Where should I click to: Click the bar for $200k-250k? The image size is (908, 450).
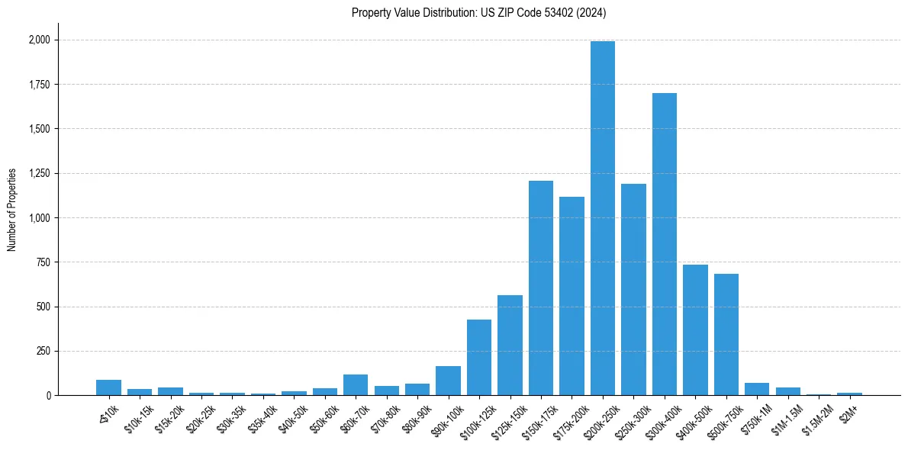(603, 218)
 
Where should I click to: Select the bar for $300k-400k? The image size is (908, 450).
(665, 244)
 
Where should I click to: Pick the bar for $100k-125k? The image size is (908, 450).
(479, 358)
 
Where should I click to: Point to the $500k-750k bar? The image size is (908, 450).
(726, 335)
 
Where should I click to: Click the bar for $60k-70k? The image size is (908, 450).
(356, 385)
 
